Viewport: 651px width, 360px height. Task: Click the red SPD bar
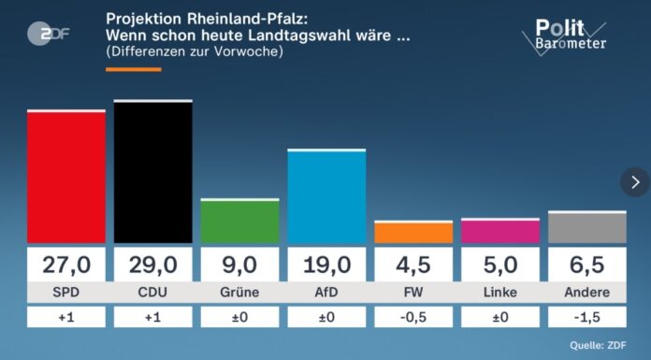click(x=65, y=178)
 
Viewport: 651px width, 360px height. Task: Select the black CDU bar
click(x=152, y=172)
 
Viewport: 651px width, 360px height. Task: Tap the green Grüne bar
click(x=239, y=222)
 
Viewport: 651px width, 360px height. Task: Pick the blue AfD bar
click(x=326, y=197)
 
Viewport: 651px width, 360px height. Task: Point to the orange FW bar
click(x=413, y=233)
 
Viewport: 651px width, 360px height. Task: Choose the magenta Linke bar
click(x=500, y=232)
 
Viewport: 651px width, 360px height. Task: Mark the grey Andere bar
click(x=586, y=228)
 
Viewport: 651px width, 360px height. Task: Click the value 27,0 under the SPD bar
click(x=65, y=265)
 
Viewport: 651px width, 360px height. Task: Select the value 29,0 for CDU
click(x=152, y=265)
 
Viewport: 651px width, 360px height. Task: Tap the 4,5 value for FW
click(x=413, y=265)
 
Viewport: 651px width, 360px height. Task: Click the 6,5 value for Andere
click(x=586, y=265)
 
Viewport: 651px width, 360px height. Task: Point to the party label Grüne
click(x=239, y=293)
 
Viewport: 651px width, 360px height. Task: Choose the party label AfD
click(x=326, y=293)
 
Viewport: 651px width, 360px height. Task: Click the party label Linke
click(x=500, y=293)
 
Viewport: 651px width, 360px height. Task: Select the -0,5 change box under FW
click(x=413, y=318)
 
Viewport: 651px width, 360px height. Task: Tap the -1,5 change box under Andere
click(x=586, y=318)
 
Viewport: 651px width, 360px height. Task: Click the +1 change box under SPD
click(x=65, y=318)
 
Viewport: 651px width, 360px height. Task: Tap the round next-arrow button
click(x=635, y=181)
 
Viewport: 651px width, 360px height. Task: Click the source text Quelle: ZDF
click(x=599, y=346)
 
